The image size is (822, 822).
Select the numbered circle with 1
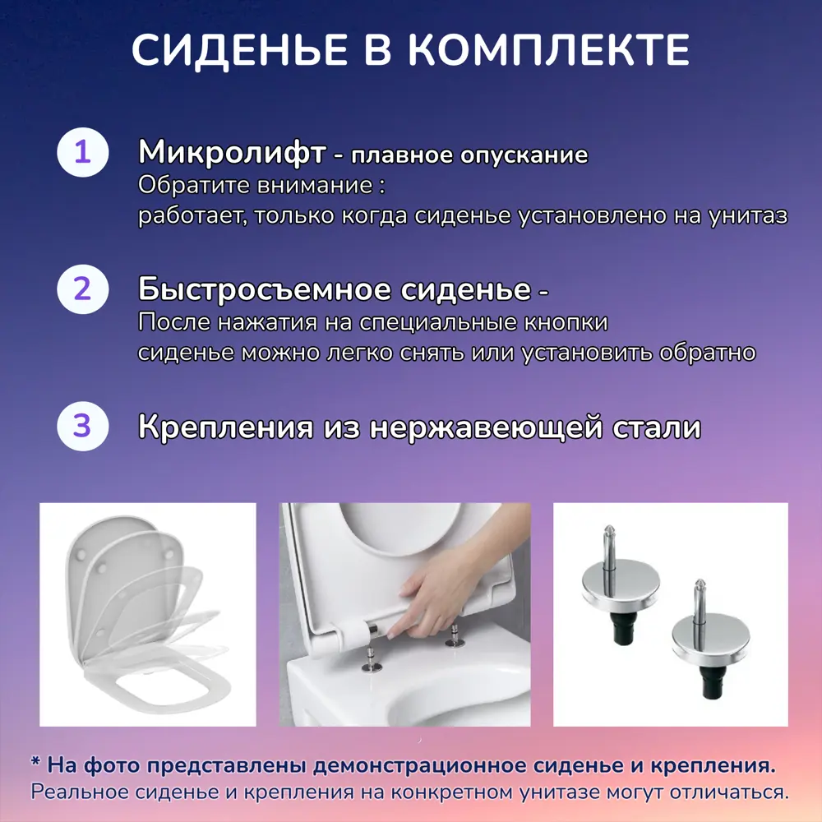(x=82, y=154)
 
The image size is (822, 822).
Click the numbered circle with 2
(x=82, y=290)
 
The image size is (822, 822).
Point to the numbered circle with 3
(x=82, y=427)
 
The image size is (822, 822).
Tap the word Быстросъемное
(x=264, y=289)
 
